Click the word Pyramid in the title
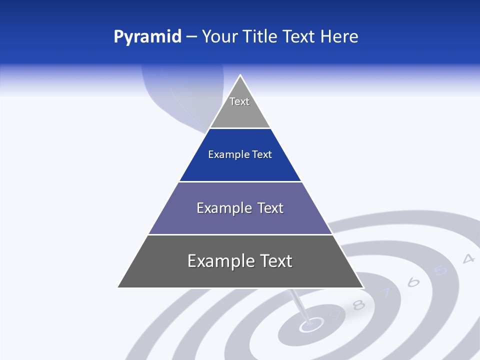click(x=147, y=36)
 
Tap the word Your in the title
click(x=219, y=36)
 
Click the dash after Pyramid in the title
click(x=191, y=37)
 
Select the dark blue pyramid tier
click(x=240, y=165)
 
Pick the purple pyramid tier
click(x=240, y=220)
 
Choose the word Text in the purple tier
click(x=271, y=208)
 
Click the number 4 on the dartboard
click(x=468, y=258)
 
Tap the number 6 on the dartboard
click(x=413, y=282)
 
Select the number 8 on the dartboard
click(x=358, y=304)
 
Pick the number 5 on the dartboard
click(x=440, y=270)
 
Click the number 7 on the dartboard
click(x=385, y=293)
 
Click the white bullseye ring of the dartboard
click(x=310, y=326)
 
